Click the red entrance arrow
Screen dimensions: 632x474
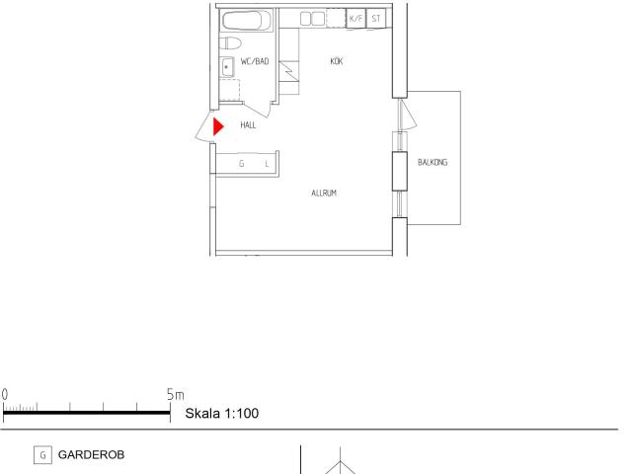click(x=218, y=126)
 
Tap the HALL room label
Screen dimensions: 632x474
click(x=248, y=125)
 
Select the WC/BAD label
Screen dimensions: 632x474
click(x=255, y=61)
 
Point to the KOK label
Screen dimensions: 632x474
click(x=337, y=61)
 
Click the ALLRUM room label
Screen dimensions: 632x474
click(x=324, y=194)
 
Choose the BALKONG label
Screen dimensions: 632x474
click(x=433, y=162)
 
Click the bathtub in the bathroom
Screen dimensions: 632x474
click(x=247, y=20)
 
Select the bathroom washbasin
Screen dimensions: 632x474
click(x=227, y=66)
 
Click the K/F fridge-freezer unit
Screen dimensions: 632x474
click(x=355, y=19)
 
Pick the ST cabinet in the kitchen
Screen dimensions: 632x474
click(x=376, y=19)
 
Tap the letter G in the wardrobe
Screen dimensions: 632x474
click(x=241, y=163)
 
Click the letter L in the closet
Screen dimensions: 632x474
click(x=267, y=164)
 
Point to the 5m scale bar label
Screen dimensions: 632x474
click(x=176, y=395)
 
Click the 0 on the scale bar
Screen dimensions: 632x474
click(x=4, y=395)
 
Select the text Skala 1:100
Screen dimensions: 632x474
click(x=221, y=413)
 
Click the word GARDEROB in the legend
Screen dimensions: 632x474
click(x=91, y=454)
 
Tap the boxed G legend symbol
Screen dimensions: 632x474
click(x=42, y=455)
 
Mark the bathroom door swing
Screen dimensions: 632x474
click(x=258, y=110)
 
